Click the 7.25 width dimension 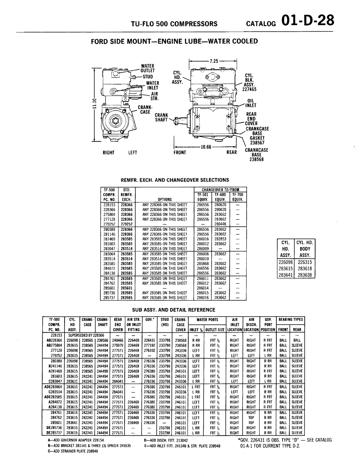click(213, 62)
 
